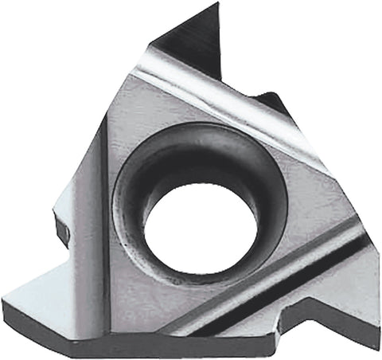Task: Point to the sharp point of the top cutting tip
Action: (x=217, y=4)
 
